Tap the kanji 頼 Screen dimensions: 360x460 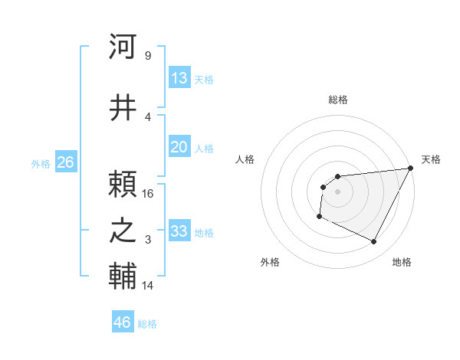123,184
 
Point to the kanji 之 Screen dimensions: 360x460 123,231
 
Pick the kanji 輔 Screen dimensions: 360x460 123,277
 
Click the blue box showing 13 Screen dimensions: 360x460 179,78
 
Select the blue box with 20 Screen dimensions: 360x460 179,148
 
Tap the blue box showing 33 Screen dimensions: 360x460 179,231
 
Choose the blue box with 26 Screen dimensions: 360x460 65,162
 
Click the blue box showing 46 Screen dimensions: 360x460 123,322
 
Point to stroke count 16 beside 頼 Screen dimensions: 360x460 148,193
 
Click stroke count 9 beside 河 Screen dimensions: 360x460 147,55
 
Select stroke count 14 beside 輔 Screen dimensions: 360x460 148,286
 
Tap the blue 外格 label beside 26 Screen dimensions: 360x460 41,163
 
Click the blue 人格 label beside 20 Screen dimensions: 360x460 204,149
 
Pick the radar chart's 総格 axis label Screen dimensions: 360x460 337,100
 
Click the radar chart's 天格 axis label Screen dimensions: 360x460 431,159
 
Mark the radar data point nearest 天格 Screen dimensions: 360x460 411,169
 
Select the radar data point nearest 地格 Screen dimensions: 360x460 374,242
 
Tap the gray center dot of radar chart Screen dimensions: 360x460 337,191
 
